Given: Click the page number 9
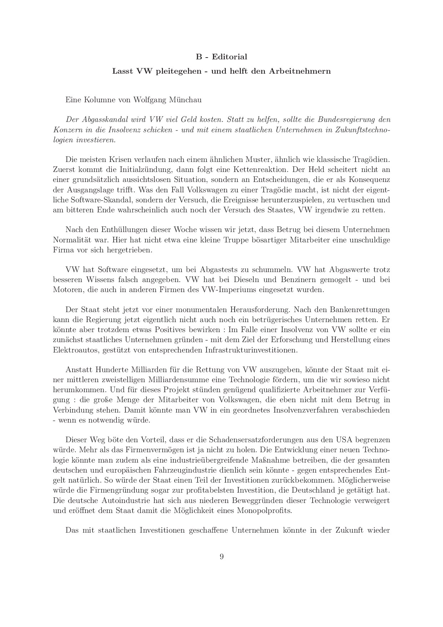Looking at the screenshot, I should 221,557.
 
